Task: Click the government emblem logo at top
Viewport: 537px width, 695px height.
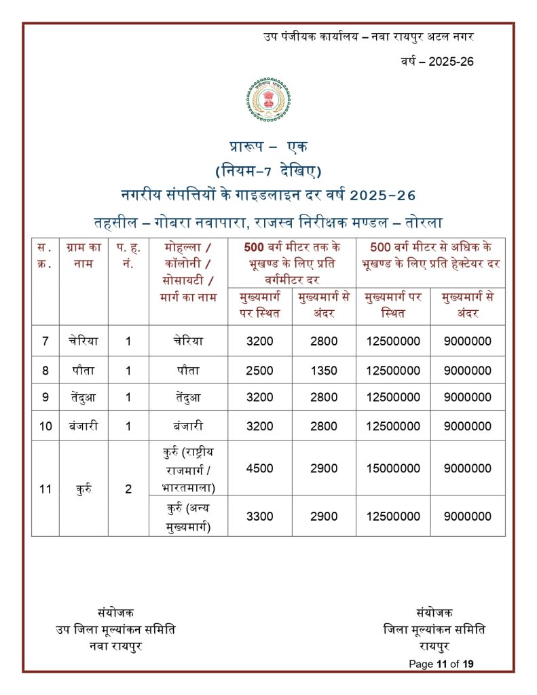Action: click(269, 103)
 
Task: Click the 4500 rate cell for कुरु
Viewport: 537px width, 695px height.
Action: click(260, 468)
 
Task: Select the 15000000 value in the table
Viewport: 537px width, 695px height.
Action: click(393, 468)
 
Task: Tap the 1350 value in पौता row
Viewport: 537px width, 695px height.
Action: click(324, 371)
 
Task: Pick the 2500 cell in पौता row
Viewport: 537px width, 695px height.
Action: click(260, 371)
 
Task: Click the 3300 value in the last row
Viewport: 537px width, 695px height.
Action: click(260, 516)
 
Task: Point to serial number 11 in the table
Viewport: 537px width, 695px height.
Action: click(45, 489)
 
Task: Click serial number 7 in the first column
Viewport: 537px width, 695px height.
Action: click(45, 341)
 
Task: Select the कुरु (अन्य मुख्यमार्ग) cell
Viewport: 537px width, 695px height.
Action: click(188, 516)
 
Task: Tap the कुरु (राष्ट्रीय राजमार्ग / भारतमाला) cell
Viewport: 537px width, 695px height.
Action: click(188, 468)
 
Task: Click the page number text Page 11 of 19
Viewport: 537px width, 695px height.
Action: click(441, 664)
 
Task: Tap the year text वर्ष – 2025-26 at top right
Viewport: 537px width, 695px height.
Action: click(437, 61)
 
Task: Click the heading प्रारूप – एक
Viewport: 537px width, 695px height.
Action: click(269, 147)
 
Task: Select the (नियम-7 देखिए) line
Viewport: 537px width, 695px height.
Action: click(269, 170)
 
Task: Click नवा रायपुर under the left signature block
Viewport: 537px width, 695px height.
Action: click(115, 645)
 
